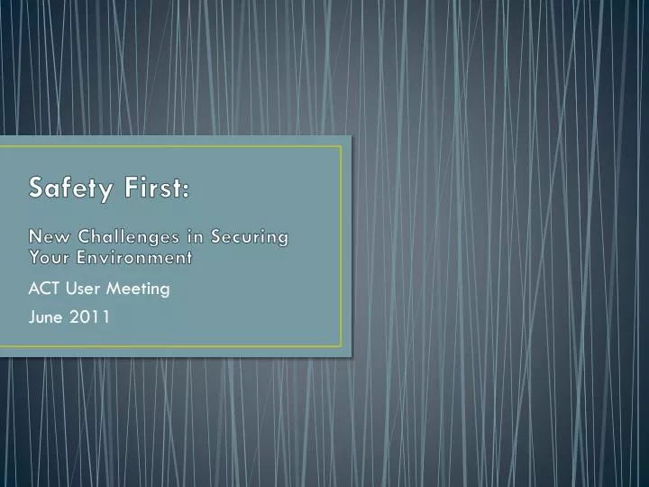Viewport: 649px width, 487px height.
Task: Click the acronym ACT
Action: click(42, 289)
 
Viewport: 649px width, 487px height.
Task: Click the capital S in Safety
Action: click(37, 188)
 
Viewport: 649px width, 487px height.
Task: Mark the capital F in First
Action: click(126, 188)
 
